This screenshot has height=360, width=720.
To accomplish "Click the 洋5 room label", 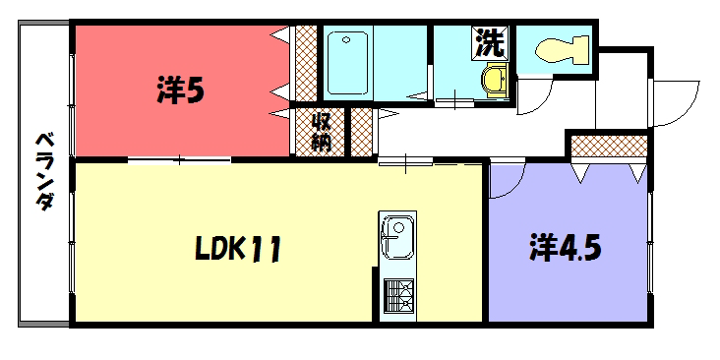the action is (180, 90).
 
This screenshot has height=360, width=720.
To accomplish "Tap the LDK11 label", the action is (237, 249).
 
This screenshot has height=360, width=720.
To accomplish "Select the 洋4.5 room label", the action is (566, 247).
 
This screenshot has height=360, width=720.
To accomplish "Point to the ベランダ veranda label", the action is (44, 171).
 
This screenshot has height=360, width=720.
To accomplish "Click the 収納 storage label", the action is (322, 132).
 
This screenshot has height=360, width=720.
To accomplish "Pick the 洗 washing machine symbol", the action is (490, 42).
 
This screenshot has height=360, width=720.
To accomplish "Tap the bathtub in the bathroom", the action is (347, 63).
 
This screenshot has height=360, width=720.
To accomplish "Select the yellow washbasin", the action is (495, 81).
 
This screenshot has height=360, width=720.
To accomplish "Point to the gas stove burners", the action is (398, 296).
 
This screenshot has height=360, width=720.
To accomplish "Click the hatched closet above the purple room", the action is (609, 146).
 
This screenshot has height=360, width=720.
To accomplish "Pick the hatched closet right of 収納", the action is (361, 132).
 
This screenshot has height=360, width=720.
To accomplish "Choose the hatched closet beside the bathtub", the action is (306, 63).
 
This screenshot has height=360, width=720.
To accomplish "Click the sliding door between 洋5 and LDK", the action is (180, 160).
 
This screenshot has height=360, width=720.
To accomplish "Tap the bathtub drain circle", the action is (346, 39).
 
